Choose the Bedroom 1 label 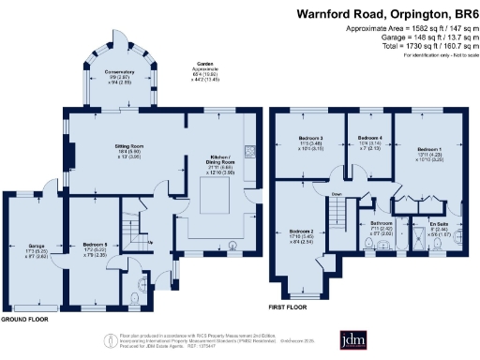click(x=430, y=149)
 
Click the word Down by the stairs click(x=338, y=195)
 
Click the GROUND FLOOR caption click(x=26, y=320)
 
